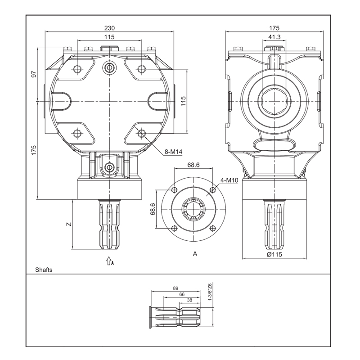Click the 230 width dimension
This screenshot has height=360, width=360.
pos(109,28)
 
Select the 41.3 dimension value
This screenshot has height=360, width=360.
pos(274,37)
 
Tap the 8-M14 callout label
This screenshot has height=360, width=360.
pos(173,152)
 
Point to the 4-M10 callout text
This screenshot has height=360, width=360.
pos(229,180)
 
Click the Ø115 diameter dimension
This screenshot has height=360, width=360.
pos(274,254)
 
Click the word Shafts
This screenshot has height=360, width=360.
pos(44,270)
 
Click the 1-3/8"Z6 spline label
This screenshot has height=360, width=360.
pos(210,292)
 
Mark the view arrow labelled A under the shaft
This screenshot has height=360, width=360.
pos(109,260)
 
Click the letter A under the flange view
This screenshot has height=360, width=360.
pos(195,254)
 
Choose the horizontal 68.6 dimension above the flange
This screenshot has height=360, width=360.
pos(193,165)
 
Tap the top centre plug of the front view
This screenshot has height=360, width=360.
pos(109,67)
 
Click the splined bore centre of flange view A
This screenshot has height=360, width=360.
pos(194,209)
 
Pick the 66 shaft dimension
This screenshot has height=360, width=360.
pos(182,294)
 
